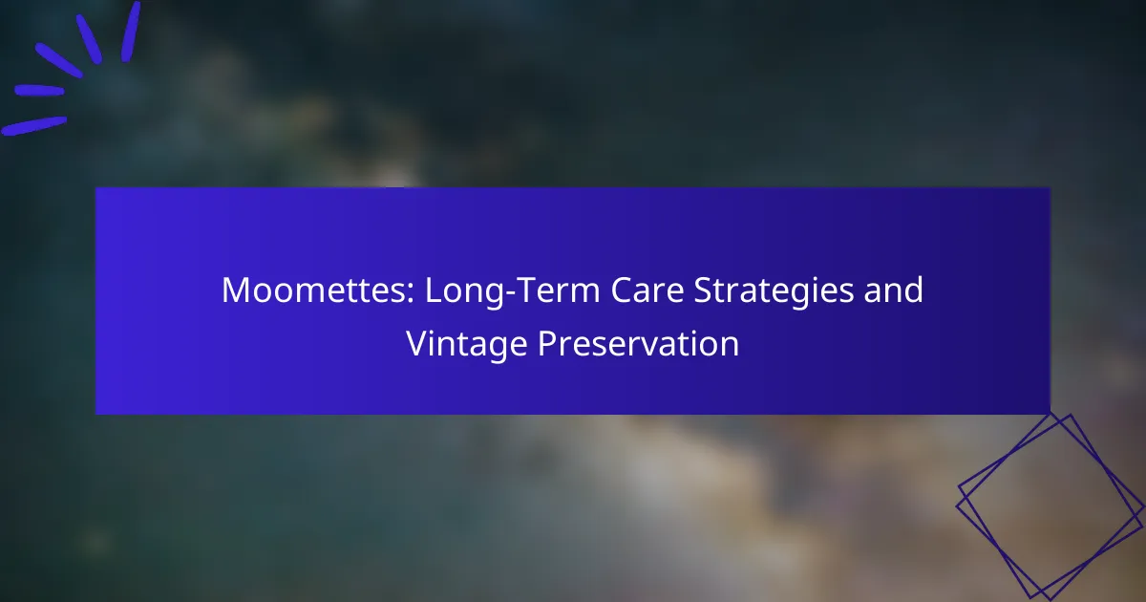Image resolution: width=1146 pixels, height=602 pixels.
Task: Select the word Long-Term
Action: (512, 291)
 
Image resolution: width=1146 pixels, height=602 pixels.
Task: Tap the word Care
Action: (647, 290)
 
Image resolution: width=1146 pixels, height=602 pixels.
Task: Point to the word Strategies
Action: (774, 291)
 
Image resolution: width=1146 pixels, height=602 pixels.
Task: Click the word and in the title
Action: (894, 290)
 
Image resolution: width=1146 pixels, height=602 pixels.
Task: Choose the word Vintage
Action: (467, 345)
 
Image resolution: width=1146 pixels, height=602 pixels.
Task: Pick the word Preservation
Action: (639, 343)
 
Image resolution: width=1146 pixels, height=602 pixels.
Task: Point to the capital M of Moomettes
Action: (236, 290)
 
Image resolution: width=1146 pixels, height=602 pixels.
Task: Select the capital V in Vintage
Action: (418, 343)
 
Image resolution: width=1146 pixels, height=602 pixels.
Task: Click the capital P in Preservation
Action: (548, 343)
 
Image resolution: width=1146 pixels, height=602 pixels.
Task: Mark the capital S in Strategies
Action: (704, 290)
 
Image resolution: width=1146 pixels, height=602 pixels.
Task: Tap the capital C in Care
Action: (622, 290)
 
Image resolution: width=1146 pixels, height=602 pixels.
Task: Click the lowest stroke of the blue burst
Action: (33, 126)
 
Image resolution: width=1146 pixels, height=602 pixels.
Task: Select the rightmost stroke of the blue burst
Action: (131, 32)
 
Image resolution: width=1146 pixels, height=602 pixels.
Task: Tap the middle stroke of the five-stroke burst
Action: (59, 60)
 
